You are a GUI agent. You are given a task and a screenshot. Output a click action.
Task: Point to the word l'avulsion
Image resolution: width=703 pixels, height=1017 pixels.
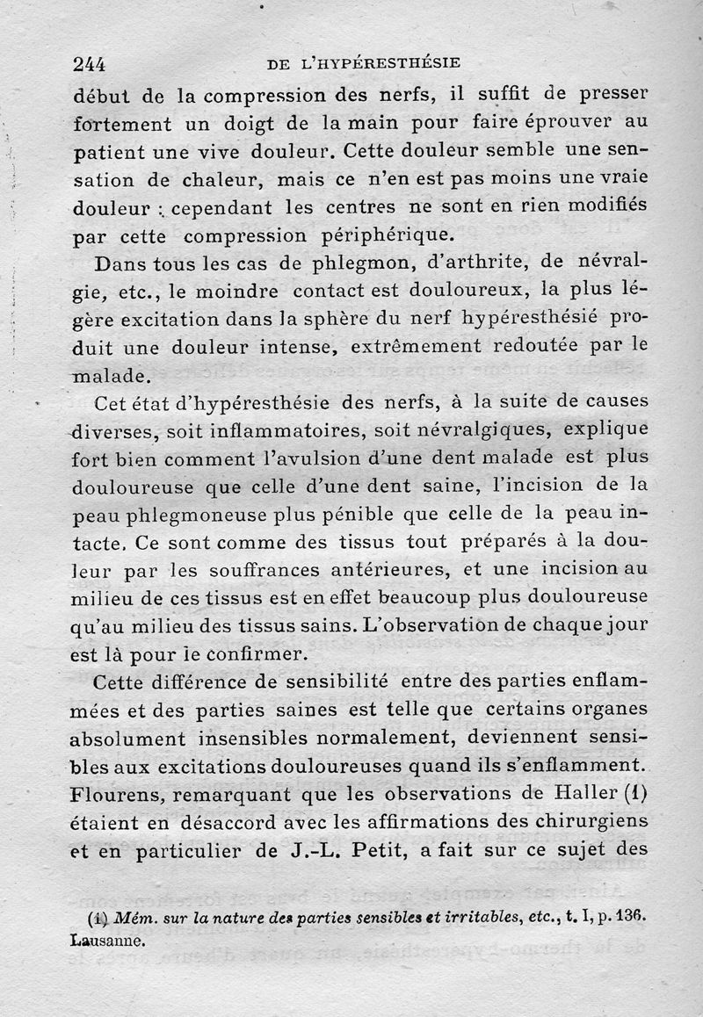[341, 458]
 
